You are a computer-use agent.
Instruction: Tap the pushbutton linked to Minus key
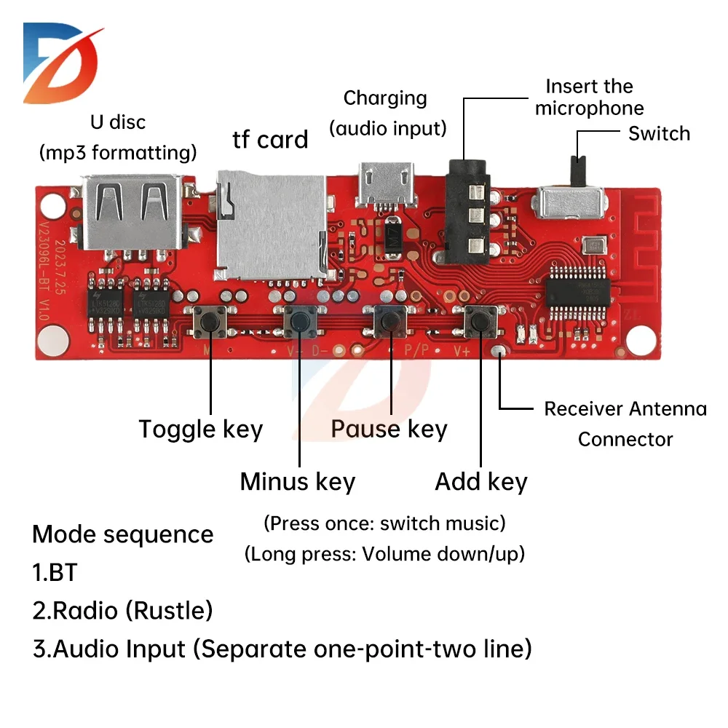pos(299,320)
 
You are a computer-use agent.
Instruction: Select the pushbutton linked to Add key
pos(480,321)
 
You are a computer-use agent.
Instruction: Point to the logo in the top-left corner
pos(62,62)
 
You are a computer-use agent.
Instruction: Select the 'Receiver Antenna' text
pos(625,409)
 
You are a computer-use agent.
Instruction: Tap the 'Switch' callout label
pos(659,134)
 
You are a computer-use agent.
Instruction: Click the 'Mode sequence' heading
pos(123,534)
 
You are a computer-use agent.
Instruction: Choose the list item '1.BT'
pos(55,572)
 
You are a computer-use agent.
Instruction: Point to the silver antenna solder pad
pos(498,352)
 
